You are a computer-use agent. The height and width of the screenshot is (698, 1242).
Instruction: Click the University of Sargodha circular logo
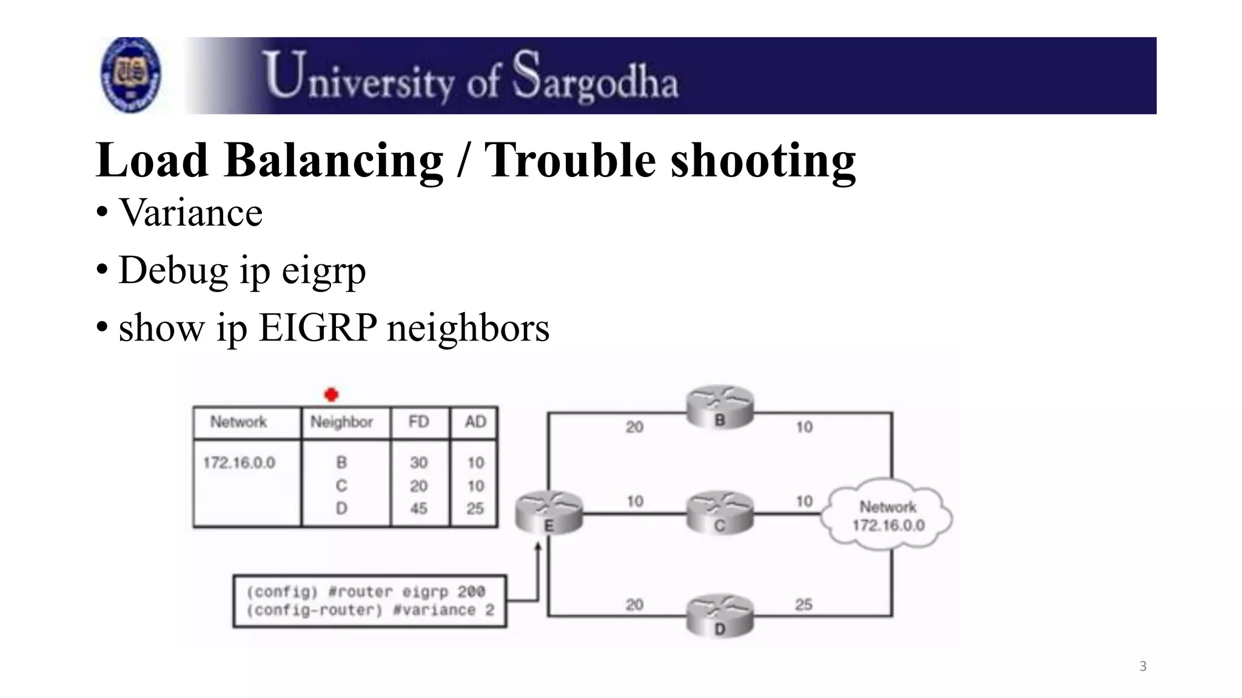tap(130, 75)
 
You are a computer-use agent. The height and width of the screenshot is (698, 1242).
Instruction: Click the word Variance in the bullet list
tap(190, 213)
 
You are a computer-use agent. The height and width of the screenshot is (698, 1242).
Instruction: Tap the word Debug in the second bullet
tap(173, 270)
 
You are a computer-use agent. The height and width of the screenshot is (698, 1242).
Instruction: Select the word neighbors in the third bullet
tap(468, 328)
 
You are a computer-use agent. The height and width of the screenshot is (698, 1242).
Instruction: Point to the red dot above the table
tap(331, 395)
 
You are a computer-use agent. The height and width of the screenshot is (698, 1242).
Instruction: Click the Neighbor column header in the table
tap(341, 422)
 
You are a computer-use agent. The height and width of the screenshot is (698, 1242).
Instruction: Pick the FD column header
tap(418, 422)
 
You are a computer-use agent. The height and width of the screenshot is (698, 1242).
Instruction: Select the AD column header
tap(475, 422)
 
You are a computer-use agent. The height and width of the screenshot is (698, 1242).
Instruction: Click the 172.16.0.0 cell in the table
tap(239, 463)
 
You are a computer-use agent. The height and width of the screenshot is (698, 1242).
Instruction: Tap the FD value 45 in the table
tap(418, 508)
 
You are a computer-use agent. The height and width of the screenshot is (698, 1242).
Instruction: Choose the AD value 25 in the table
tap(475, 508)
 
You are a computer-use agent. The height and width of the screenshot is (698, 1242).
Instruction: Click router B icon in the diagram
tap(720, 408)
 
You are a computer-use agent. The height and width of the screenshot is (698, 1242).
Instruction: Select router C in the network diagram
tap(720, 514)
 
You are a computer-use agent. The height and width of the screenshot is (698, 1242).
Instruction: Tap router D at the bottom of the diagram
tap(720, 616)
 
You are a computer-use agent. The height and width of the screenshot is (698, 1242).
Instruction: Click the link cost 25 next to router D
tap(804, 604)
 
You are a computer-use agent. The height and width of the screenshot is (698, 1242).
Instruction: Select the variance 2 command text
tap(443, 610)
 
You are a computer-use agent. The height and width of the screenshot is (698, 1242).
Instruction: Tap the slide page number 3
tap(1143, 666)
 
